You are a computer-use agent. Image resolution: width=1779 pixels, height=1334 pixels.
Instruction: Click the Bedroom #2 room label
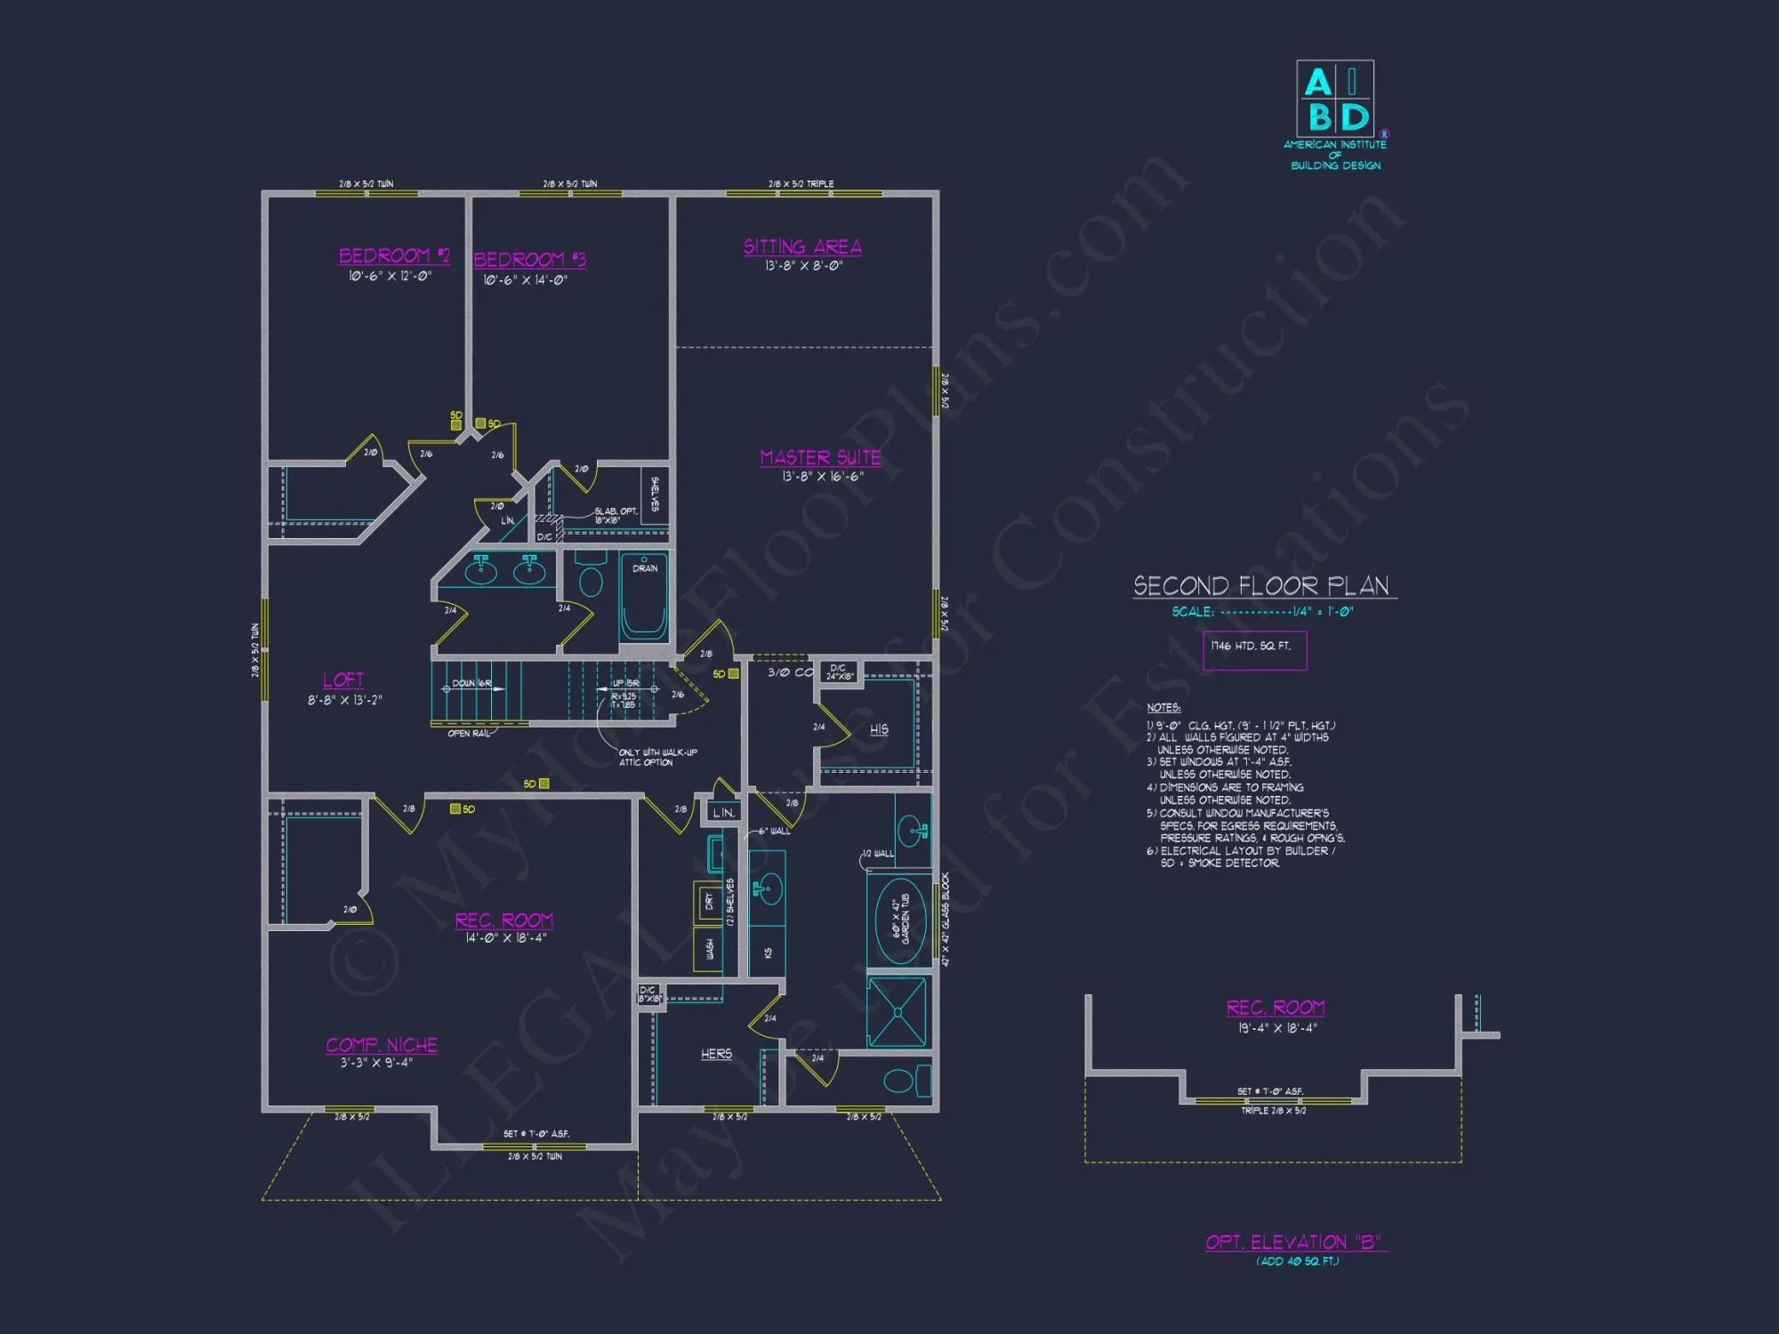pos(394,256)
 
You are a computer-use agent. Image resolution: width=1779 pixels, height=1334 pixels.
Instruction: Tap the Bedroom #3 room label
pos(529,260)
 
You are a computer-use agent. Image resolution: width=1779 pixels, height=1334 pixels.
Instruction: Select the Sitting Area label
pos(802,247)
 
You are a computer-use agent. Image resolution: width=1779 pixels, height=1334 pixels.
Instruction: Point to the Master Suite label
pos(820,457)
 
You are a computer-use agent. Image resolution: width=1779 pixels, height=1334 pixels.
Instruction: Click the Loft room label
pos(343,680)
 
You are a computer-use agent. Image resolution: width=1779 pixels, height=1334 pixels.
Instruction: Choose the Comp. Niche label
pos(382,1045)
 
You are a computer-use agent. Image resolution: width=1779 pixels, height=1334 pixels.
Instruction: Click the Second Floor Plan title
pos(1261,586)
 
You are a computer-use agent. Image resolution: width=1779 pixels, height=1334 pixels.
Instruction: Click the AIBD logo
pos(1334,100)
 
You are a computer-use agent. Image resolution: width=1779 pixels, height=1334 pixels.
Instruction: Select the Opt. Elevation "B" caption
pos(1295,1242)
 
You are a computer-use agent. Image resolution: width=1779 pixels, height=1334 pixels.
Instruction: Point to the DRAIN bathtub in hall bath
pos(644,597)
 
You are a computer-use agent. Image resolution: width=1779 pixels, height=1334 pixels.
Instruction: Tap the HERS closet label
pos(716,1054)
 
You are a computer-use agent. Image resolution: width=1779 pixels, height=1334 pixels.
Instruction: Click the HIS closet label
pos(879,729)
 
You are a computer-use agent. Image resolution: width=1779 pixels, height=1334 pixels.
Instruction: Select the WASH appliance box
pos(709,949)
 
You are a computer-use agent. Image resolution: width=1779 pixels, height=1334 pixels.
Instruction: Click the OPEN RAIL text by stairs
pos(469,734)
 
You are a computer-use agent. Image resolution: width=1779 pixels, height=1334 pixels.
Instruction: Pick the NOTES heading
pos(1163,708)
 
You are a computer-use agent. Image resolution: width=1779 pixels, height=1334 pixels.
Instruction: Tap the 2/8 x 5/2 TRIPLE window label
pos(801,184)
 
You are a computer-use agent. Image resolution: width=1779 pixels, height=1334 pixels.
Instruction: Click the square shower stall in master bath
pos(898,1012)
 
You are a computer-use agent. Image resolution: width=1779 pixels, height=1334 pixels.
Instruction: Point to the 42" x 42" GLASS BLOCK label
pos(946,919)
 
